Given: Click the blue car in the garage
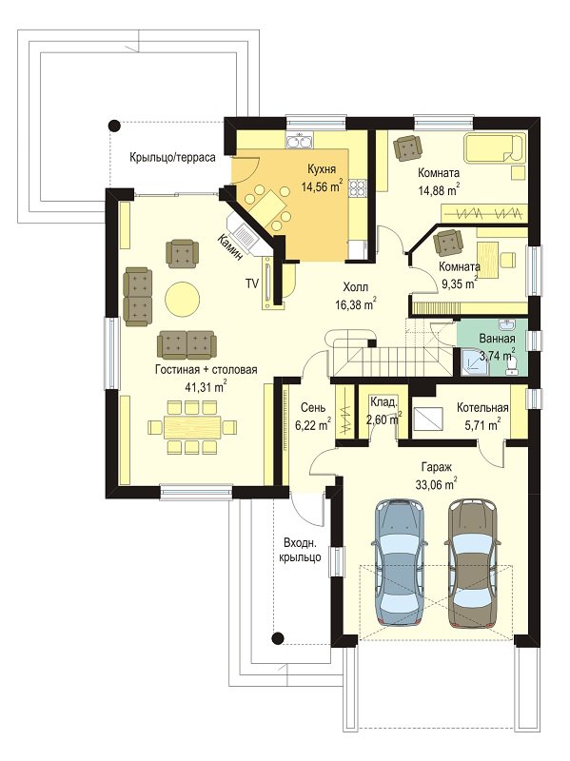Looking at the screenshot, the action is (x=400, y=562).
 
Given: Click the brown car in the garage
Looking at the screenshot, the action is (x=472, y=562).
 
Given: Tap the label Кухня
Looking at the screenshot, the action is (x=322, y=169).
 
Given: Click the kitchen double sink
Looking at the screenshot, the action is (x=300, y=142).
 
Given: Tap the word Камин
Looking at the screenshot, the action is (x=229, y=248).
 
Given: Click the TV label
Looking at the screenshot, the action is (x=251, y=283).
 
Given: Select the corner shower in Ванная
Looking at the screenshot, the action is (x=471, y=363).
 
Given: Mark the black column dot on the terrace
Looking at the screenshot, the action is (x=114, y=127).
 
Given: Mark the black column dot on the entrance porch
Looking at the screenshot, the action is (x=278, y=637).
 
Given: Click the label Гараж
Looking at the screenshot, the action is (x=437, y=468).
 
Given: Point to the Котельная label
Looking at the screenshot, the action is (x=482, y=408).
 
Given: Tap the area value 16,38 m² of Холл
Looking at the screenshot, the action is (x=356, y=304).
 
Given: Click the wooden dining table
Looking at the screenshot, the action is (x=192, y=427).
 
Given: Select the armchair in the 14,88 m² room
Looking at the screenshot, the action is (x=406, y=147).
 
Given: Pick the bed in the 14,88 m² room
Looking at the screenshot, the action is (x=495, y=147).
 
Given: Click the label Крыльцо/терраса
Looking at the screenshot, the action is (x=172, y=158).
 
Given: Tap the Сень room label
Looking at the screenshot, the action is (x=313, y=408).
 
